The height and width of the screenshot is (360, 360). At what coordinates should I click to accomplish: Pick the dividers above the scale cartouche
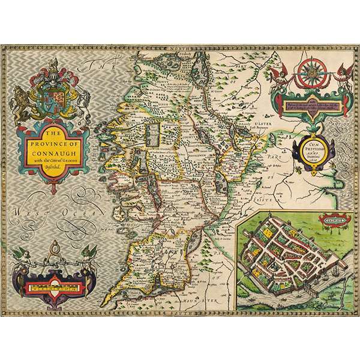(x=53, y=248)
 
